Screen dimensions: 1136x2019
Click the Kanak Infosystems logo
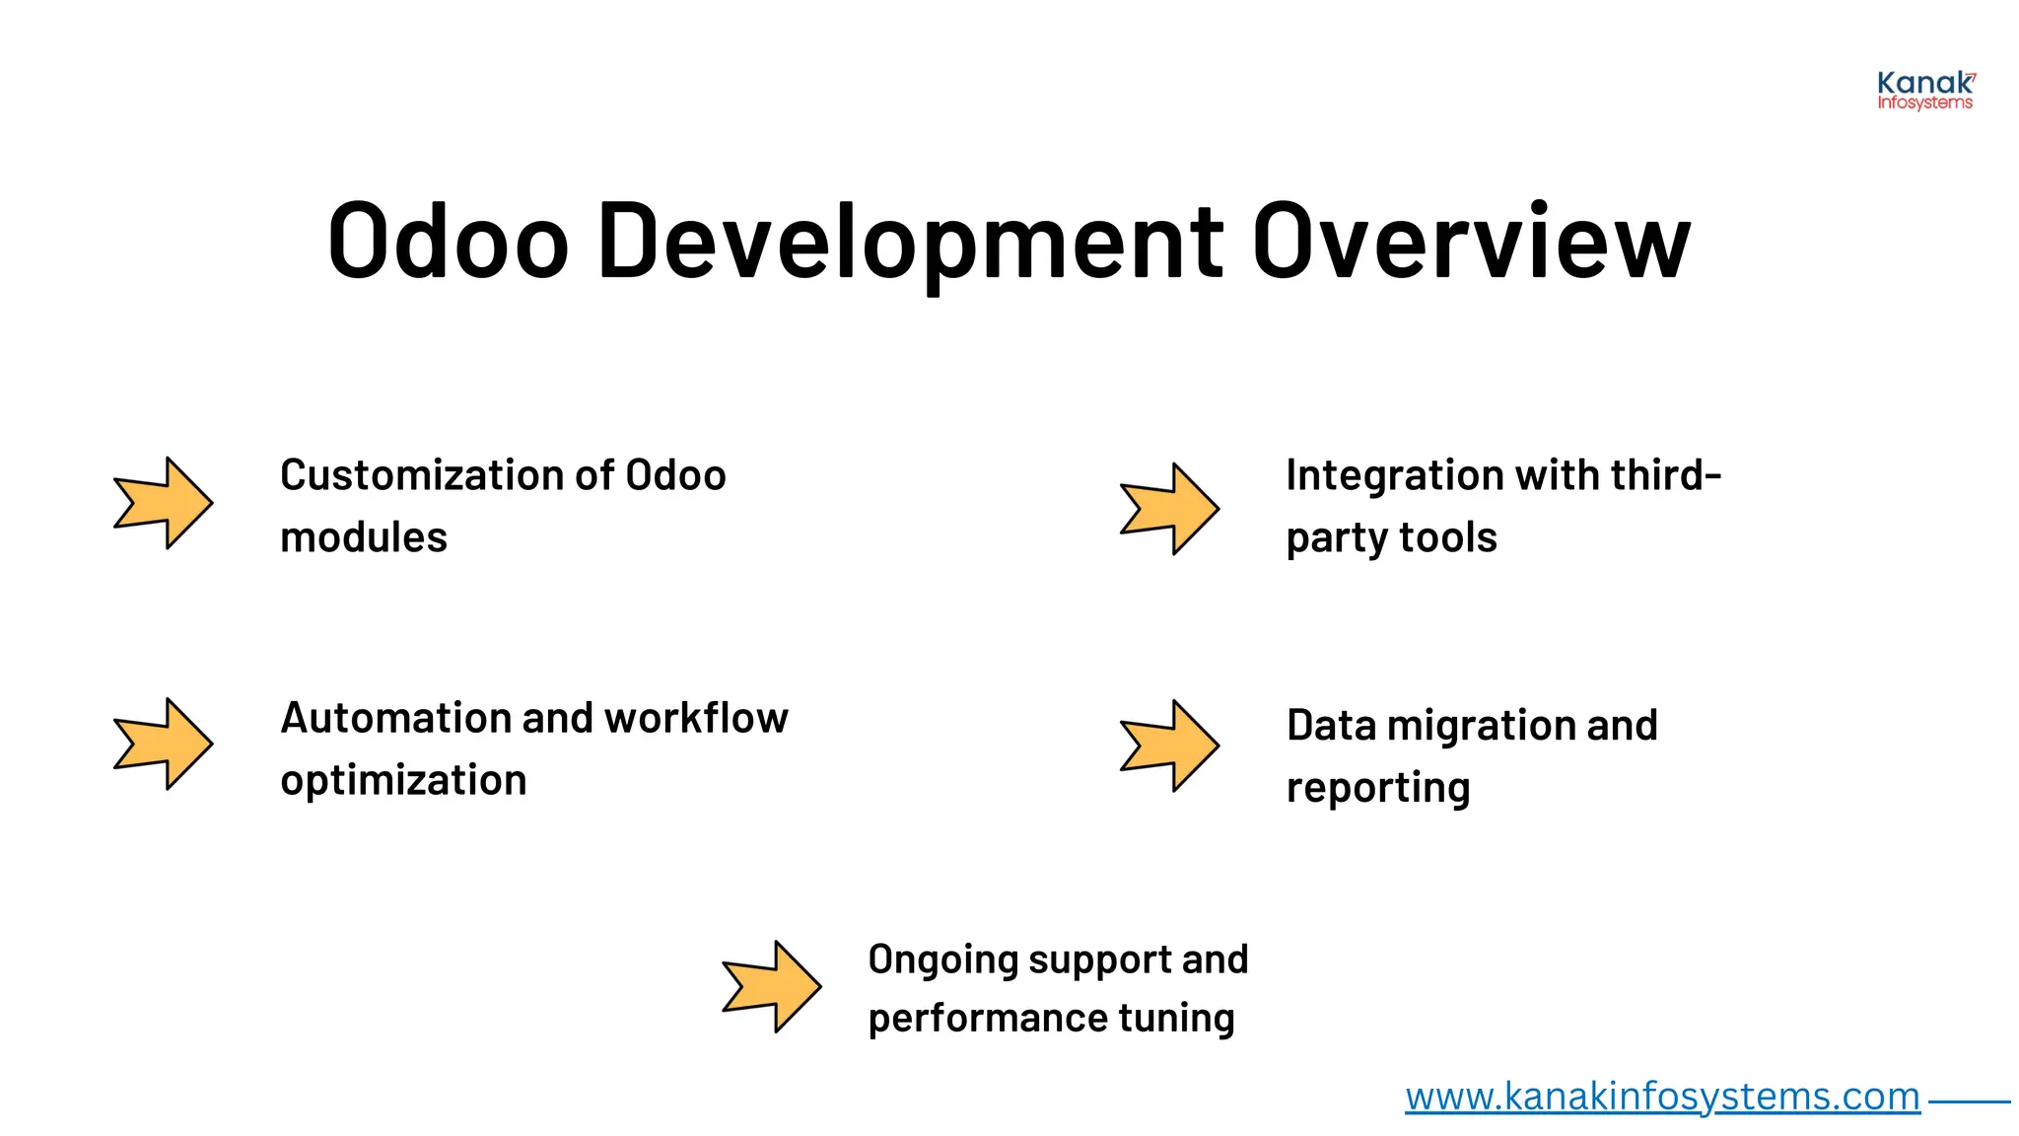tap(1925, 91)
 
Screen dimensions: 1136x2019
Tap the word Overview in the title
tap(1471, 242)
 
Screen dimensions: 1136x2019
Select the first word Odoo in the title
tap(449, 242)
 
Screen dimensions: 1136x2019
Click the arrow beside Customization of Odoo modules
tap(164, 503)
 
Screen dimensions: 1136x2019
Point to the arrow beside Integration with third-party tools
tap(1170, 509)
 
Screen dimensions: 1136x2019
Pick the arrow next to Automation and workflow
tap(164, 744)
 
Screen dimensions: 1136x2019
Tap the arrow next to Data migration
tap(1170, 745)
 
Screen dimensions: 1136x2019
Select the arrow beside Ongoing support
tap(772, 986)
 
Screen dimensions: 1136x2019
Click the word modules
tap(364, 538)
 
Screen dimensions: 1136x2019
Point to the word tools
tap(1447, 538)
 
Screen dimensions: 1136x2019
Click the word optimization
tap(403, 781)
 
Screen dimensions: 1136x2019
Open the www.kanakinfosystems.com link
tap(1662, 1097)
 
